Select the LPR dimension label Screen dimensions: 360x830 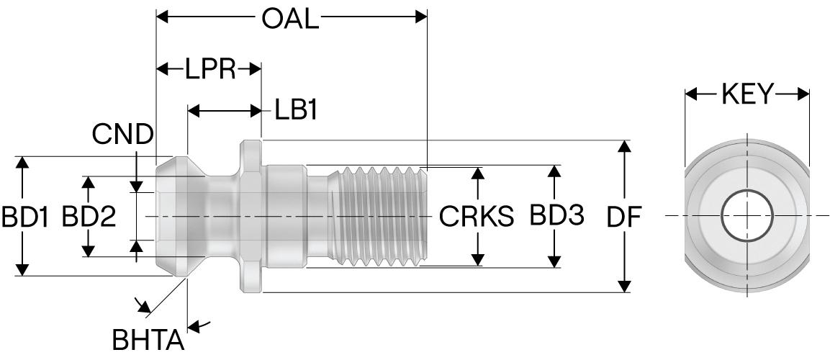click(210, 69)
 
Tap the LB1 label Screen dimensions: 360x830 click(295, 111)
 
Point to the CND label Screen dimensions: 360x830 click(123, 134)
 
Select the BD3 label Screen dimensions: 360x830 click(556, 215)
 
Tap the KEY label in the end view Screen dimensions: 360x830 click(748, 94)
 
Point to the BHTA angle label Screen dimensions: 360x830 click(148, 340)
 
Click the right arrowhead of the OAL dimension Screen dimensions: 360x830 click(422, 17)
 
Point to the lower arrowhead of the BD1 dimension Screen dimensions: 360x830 click(22, 269)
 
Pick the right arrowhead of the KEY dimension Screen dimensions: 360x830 click(803, 94)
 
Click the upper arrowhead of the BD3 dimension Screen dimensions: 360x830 click(554, 171)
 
